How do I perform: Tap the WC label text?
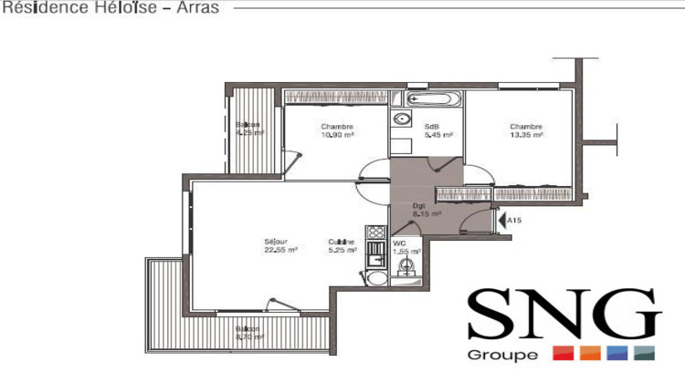pos(399,243)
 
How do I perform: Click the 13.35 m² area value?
pos(526,135)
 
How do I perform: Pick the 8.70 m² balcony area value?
pos(248,336)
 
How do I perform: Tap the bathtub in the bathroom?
pos(430,98)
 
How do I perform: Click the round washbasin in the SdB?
pos(402,119)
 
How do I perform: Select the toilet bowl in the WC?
pos(407,265)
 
